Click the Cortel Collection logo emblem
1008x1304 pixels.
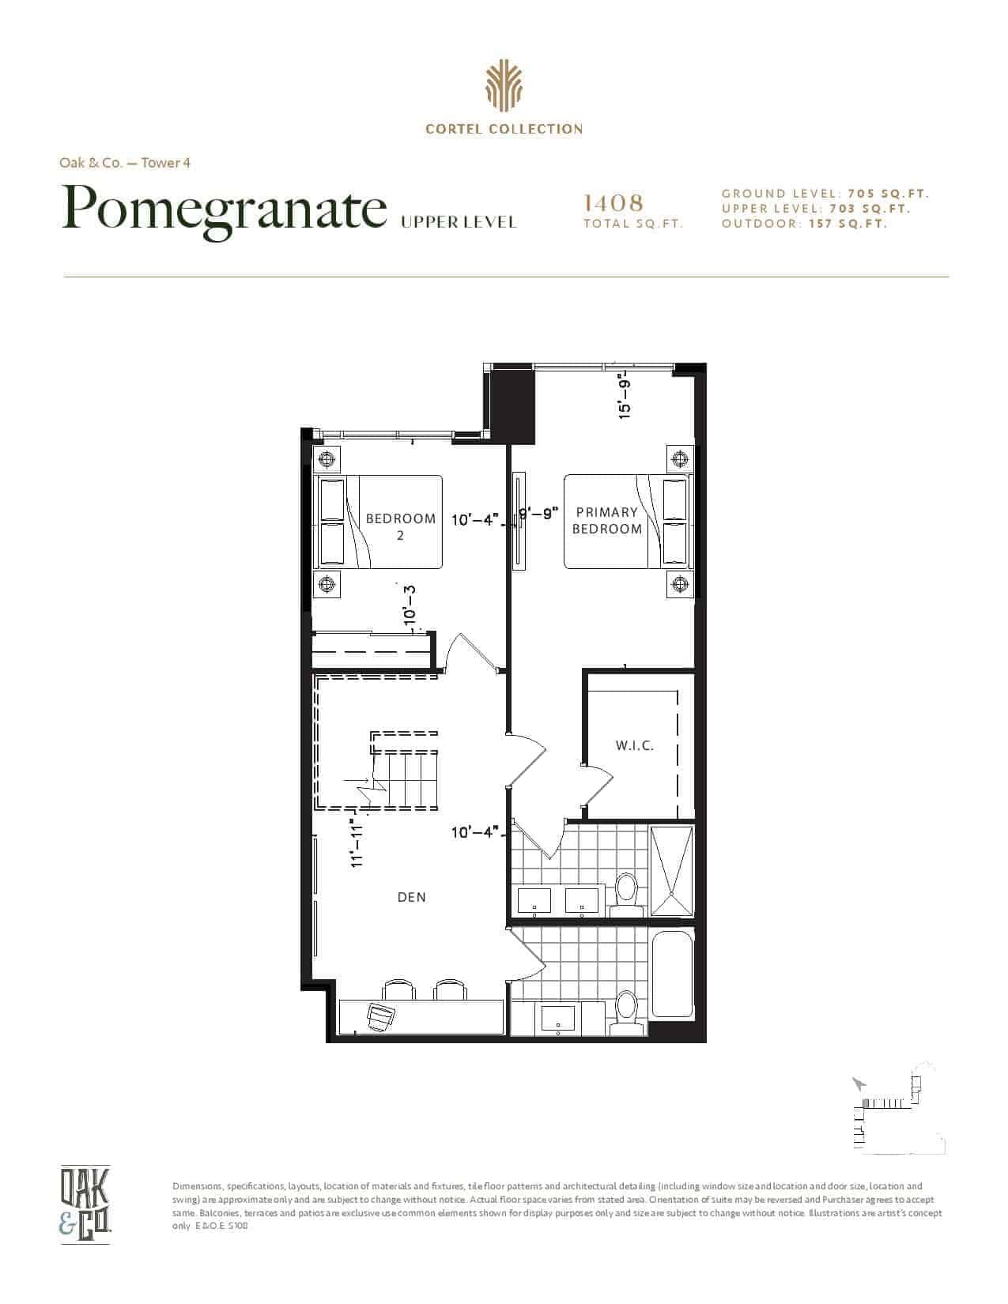click(504, 87)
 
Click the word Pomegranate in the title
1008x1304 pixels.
click(225, 210)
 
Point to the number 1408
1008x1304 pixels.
click(613, 203)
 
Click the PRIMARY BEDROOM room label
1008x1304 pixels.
click(606, 520)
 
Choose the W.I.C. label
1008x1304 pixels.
click(635, 746)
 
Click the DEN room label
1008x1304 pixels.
click(412, 897)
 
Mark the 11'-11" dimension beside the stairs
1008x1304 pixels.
click(358, 842)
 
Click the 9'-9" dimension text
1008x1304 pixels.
click(540, 514)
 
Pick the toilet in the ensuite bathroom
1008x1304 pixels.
click(627, 894)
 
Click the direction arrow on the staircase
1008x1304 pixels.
click(356, 780)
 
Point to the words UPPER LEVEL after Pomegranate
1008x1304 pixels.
click(458, 223)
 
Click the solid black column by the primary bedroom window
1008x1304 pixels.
click(512, 406)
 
